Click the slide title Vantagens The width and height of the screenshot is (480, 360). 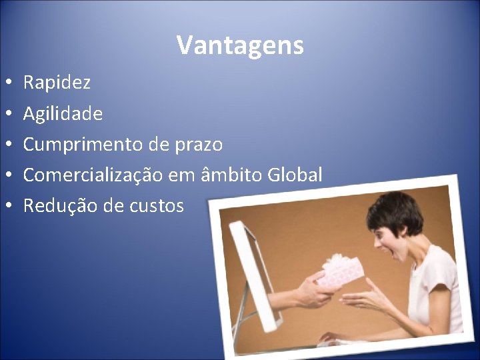pyautogui.click(x=240, y=45)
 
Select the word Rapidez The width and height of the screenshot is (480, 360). pyautogui.click(x=57, y=83)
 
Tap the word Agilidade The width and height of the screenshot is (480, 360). pyautogui.click(x=63, y=114)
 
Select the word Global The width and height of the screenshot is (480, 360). pyautogui.click(x=295, y=175)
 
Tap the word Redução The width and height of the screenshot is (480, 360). pyautogui.click(x=60, y=206)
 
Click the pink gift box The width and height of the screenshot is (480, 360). pyautogui.click(x=340, y=271)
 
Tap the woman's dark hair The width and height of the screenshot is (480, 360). pyautogui.click(x=397, y=211)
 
